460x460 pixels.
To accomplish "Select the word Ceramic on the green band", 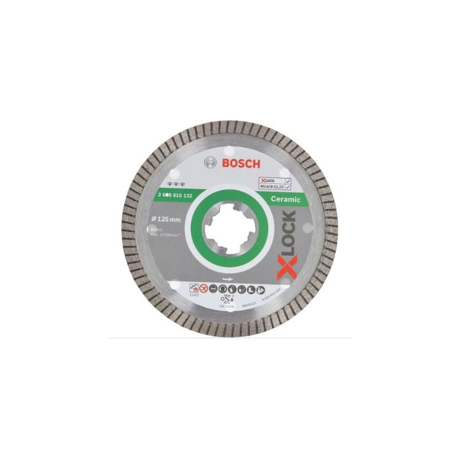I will [x=285, y=199].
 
